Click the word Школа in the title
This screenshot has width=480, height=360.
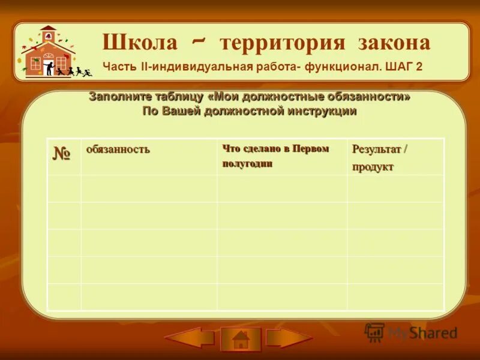tap(140, 43)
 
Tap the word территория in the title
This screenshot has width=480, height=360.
tap(282, 43)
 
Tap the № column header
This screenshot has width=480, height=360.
tap(61, 154)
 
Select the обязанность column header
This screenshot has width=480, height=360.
tap(118, 149)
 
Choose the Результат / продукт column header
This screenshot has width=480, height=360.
tap(379, 158)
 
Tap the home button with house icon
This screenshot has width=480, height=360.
tap(241, 339)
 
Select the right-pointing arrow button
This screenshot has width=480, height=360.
tap(289, 338)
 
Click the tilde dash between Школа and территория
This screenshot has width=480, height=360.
tap(199, 40)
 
